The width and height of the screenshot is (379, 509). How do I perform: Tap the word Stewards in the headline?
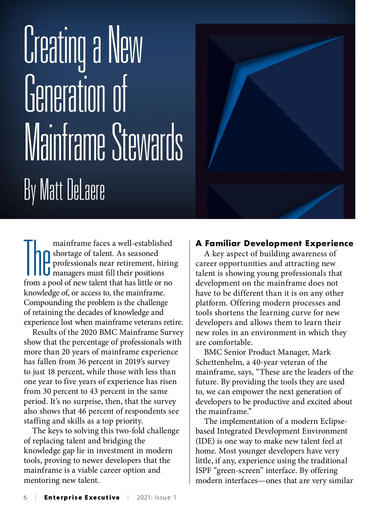coord(147,142)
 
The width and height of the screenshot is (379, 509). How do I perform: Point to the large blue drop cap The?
coord(37,257)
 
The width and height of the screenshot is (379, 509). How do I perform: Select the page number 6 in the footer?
coord(26,498)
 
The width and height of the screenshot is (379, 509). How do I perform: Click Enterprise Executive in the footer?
coord(82,498)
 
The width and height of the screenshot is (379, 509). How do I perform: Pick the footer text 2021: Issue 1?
coord(156,498)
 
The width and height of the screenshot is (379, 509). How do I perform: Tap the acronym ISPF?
coord(203,471)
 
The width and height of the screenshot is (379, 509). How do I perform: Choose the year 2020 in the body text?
coord(89,332)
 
